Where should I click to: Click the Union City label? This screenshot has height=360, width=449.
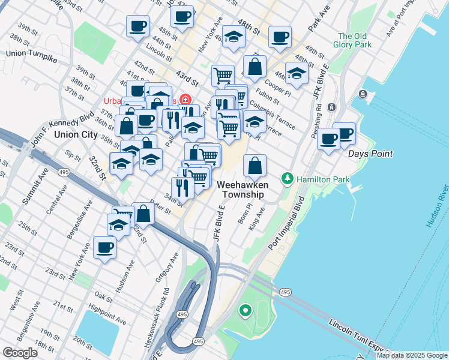pos(76,134)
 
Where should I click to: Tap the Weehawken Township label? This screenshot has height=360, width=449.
pos(243,190)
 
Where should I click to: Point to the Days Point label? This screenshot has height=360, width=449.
pos(370,154)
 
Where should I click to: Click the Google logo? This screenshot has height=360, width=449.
pos(20,352)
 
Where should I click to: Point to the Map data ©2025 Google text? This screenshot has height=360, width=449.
pos(411,355)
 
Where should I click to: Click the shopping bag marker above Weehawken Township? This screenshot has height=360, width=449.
pos(255,166)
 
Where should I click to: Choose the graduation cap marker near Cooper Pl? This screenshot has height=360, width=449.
pos(297,73)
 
